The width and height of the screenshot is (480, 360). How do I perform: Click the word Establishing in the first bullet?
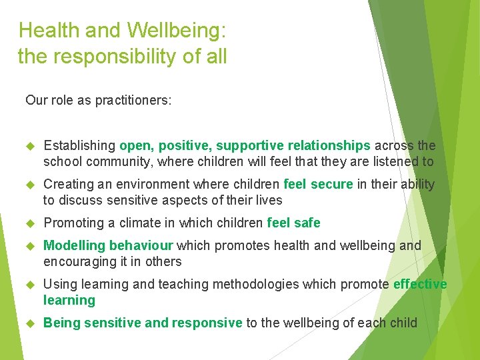pos(79,145)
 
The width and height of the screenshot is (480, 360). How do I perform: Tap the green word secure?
pos(333,184)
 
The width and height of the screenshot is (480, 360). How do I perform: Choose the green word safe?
pos(306,223)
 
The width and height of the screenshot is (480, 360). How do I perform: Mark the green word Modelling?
pos(74,245)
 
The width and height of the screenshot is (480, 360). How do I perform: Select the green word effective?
pos(420,284)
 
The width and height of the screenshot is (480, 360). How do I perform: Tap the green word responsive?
pos(207,323)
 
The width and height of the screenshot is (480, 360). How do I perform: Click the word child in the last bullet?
pos(403,323)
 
